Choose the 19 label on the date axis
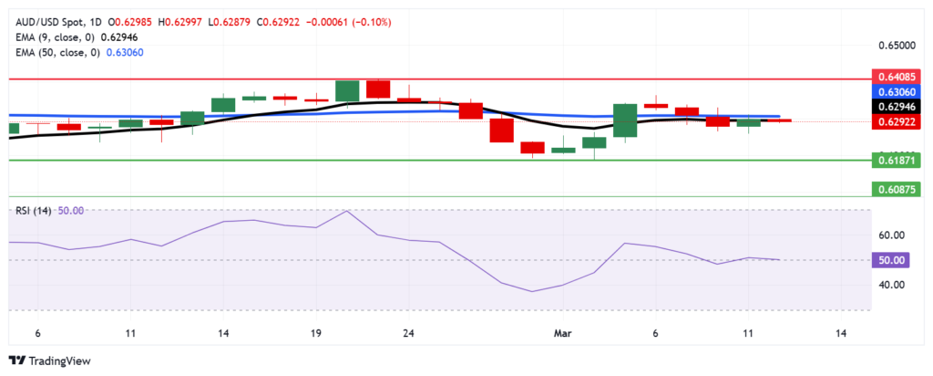pos(315,334)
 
